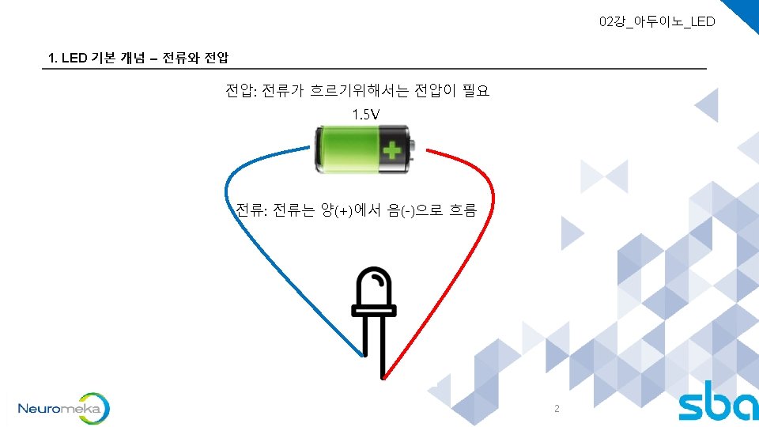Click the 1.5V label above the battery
365,115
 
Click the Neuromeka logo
63,408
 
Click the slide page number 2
557,409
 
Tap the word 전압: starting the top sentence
240,91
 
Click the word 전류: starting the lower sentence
251,210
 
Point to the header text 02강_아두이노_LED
657,21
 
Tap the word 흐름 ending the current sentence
463,210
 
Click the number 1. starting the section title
52,59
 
